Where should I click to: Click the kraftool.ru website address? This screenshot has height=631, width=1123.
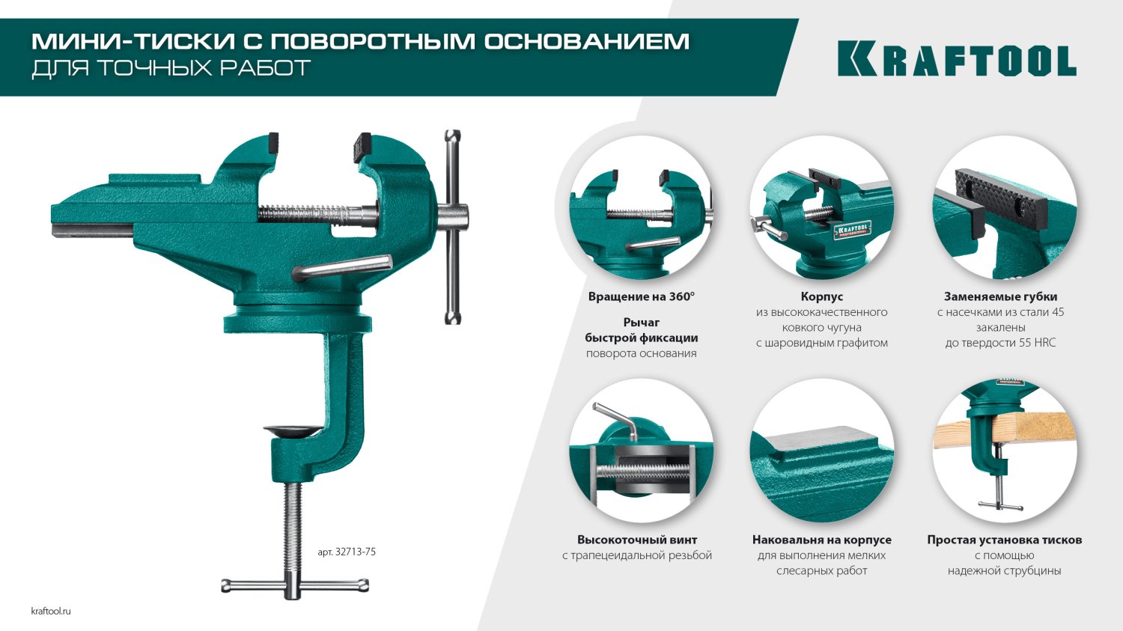[51, 611]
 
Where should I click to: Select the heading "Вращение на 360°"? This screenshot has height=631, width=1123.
[641, 296]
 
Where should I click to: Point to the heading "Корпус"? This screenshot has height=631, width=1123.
[822, 296]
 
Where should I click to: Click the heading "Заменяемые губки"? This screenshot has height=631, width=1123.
[1001, 296]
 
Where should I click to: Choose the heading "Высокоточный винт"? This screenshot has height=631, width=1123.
[636, 540]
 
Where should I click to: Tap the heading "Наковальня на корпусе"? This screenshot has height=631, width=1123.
[822, 540]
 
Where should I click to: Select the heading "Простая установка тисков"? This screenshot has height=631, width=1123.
[1004, 540]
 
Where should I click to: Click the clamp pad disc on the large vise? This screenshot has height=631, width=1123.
[293, 430]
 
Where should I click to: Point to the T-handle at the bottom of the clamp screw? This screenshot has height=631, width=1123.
[295, 585]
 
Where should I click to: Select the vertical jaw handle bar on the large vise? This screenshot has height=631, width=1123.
[453, 227]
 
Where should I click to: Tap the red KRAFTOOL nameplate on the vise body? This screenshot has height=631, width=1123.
[852, 230]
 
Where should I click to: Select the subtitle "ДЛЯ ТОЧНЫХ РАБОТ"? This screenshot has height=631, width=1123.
[171, 68]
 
